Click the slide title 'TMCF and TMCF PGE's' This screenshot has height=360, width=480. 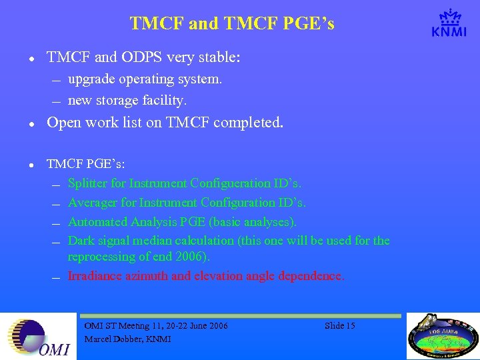pos(232,24)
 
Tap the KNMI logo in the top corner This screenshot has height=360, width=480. pos(449,24)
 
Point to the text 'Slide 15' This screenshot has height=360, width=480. pos(340,326)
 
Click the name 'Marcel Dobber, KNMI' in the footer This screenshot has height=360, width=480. pos(127,339)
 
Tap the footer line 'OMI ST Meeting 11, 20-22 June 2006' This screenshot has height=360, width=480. pos(156,326)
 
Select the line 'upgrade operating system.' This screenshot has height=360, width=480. pos(145,79)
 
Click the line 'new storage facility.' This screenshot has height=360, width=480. pos(127,101)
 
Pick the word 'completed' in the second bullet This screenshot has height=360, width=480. pos(249,123)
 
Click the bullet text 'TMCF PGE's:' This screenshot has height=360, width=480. pos(85,164)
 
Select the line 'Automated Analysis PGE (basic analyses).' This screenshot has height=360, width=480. pos(182,222)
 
